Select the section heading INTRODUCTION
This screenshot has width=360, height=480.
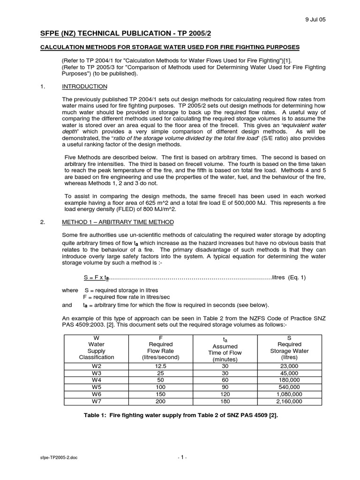coord(85,87)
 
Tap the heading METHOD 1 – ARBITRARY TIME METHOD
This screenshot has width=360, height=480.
coord(118,222)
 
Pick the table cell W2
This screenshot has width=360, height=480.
coord(96,366)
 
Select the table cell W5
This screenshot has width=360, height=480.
coord(96,387)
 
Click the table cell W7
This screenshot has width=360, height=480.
coord(96,401)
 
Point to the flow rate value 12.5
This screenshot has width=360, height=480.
coord(160,366)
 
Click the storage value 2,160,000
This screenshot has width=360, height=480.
coord(289,401)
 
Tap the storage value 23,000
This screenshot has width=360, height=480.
coord(289,366)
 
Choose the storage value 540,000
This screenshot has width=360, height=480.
coord(289,387)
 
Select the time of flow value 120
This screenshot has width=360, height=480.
coord(225,394)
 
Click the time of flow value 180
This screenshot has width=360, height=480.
coord(225,401)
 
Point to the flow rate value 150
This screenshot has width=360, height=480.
coord(160,394)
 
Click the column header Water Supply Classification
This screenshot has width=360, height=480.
coord(96,347)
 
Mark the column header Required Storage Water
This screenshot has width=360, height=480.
coord(289,347)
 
